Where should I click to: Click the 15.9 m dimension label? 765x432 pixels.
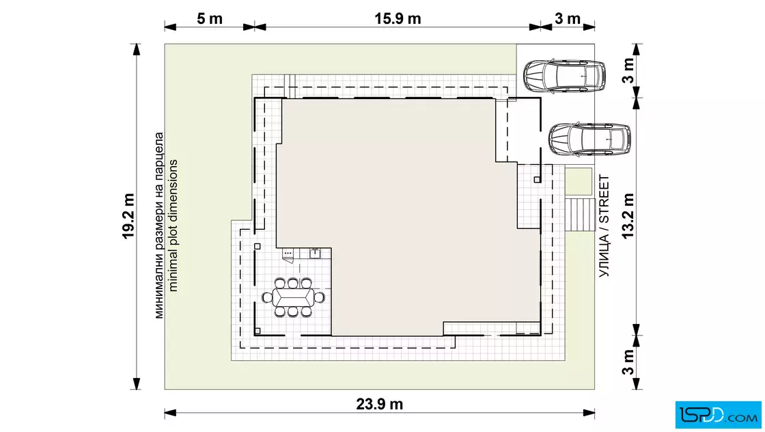click(x=398, y=18)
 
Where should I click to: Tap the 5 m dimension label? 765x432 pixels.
click(x=210, y=18)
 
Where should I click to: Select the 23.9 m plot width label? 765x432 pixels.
click(x=380, y=404)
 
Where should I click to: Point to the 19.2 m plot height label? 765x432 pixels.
click(x=128, y=216)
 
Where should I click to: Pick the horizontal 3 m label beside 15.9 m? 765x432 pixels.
click(x=568, y=18)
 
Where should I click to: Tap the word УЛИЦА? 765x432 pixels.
click(x=604, y=256)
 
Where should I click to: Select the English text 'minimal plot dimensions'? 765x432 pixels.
click(x=173, y=226)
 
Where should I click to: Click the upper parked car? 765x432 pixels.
click(x=564, y=76)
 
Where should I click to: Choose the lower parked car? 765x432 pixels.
click(x=590, y=139)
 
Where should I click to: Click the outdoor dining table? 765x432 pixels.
click(x=293, y=297)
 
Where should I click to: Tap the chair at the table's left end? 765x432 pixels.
click(x=267, y=297)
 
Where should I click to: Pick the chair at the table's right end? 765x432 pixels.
click(x=320, y=297)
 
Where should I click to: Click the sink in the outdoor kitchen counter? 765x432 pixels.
click(x=315, y=254)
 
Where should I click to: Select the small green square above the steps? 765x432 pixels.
click(x=579, y=181)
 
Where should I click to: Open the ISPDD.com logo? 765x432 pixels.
click(x=718, y=415)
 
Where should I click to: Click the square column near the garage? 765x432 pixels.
click(x=537, y=180)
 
